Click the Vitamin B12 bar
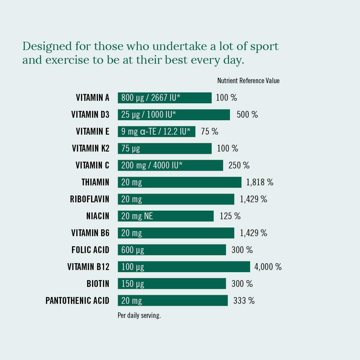[184, 267]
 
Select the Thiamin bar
[179, 182]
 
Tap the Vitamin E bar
[156, 131]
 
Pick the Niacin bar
[165, 216]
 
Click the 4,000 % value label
[268, 267]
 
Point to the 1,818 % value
[260, 182]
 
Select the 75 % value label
[210, 131]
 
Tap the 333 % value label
[244, 301]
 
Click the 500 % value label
[247, 114]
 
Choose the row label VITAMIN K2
[90, 148]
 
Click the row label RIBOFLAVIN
[89, 199]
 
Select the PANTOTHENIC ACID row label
[77, 301]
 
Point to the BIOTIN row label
[98, 284]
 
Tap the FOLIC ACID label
[90, 250]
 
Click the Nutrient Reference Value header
[248, 81]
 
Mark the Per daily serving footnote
[139, 316]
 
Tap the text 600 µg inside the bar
[132, 250]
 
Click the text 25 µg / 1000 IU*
[148, 114]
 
